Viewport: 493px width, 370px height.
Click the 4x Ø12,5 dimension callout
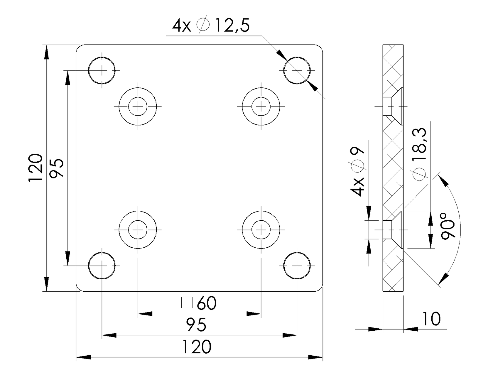pyautogui.click(x=211, y=26)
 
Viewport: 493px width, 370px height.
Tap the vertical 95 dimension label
pyautogui.click(x=56, y=168)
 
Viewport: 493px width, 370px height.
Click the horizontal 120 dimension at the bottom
pyautogui.click(x=197, y=347)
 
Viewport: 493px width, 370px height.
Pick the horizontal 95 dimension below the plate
pyautogui.click(x=196, y=325)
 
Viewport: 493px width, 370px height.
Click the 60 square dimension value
pyautogui.click(x=207, y=303)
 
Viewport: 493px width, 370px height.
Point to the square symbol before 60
pyautogui.click(x=187, y=303)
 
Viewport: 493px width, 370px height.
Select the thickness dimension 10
pyautogui.click(x=431, y=319)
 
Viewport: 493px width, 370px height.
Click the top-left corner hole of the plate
pyautogui.click(x=102, y=70)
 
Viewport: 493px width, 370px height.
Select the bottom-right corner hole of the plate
pyautogui.click(x=297, y=265)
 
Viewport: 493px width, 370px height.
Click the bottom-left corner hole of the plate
pyautogui.click(x=102, y=265)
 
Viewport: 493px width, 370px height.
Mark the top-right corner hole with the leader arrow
pyautogui.click(x=297, y=70)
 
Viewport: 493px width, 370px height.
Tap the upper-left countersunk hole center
pyautogui.click(x=138, y=106)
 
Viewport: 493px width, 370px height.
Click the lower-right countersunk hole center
pyautogui.click(x=261, y=230)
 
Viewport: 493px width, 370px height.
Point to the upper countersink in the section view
pyautogui.click(x=393, y=106)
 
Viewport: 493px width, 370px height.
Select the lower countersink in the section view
pyautogui.click(x=393, y=229)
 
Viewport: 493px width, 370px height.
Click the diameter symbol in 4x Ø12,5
pyautogui.click(x=203, y=26)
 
